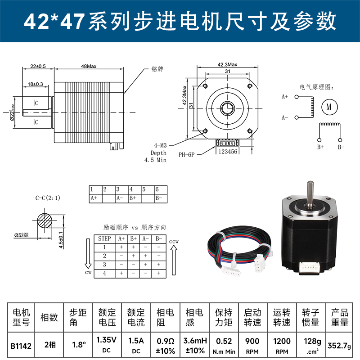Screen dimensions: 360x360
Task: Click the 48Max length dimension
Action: (x=89, y=66)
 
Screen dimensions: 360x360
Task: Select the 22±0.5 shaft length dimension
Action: (x=38, y=66)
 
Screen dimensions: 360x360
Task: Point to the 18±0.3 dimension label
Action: (x=35, y=84)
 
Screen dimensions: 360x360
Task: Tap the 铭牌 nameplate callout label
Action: (x=157, y=70)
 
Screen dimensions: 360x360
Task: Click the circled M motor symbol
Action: (x=328, y=107)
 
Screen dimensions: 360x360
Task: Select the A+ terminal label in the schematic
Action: (x=284, y=96)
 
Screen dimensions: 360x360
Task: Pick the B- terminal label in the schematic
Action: (x=341, y=147)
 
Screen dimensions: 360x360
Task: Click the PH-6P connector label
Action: (x=186, y=154)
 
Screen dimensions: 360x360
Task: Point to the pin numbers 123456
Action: (x=228, y=152)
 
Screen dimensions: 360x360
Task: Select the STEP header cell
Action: (x=104, y=239)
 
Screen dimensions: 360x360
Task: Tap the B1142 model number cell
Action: (x=21, y=346)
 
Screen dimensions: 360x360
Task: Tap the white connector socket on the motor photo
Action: (x=309, y=269)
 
